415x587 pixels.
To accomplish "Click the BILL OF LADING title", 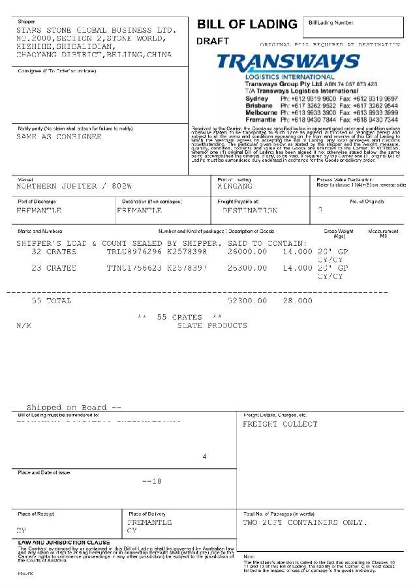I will tap(247, 24).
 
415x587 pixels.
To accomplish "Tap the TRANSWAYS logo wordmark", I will tap(288, 63).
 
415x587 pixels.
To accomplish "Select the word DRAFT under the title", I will tap(213, 41).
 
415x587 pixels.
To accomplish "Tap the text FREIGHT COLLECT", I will tap(280, 424).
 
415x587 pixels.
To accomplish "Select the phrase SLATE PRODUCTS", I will tap(212, 325).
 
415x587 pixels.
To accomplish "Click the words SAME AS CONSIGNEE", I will tap(59, 137).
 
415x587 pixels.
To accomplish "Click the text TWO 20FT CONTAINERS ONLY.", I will tap(305, 522).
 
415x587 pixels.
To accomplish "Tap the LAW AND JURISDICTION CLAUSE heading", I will tap(64, 542).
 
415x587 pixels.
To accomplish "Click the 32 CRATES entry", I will tap(54, 251).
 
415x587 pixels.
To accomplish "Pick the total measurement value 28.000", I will tap(298, 301).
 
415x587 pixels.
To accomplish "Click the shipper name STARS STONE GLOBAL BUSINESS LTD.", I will tap(96, 30).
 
